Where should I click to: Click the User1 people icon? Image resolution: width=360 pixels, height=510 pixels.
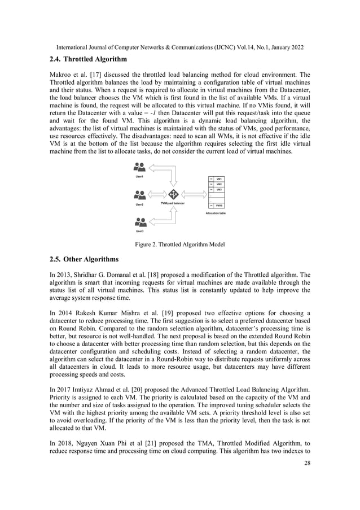tap(139, 167)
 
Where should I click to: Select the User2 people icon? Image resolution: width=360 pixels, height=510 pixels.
tap(139, 195)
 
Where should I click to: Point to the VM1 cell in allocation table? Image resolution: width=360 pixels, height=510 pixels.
tap(219, 178)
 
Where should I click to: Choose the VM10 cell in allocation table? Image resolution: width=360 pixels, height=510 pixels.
tap(219, 205)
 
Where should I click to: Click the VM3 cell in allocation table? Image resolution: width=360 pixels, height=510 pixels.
tap(219, 190)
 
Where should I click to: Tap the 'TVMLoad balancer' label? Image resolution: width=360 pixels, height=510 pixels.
tap(173, 204)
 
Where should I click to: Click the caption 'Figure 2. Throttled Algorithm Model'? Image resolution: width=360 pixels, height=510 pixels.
tap(179, 245)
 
